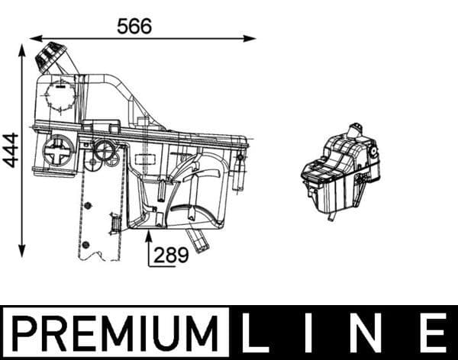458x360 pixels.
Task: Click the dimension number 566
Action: pos(134,25)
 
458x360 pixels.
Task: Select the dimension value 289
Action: pos(172,255)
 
